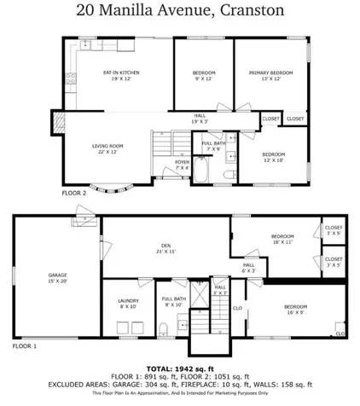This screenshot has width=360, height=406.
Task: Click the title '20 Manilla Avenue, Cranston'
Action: tap(179, 11)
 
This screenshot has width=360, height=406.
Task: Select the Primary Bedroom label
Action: tap(270, 76)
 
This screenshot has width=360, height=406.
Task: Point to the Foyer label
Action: tap(182, 164)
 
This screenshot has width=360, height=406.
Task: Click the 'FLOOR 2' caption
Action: tap(73, 194)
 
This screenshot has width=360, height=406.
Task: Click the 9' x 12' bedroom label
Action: tap(204, 76)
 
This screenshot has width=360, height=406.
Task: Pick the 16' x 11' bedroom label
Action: tap(282, 238)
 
